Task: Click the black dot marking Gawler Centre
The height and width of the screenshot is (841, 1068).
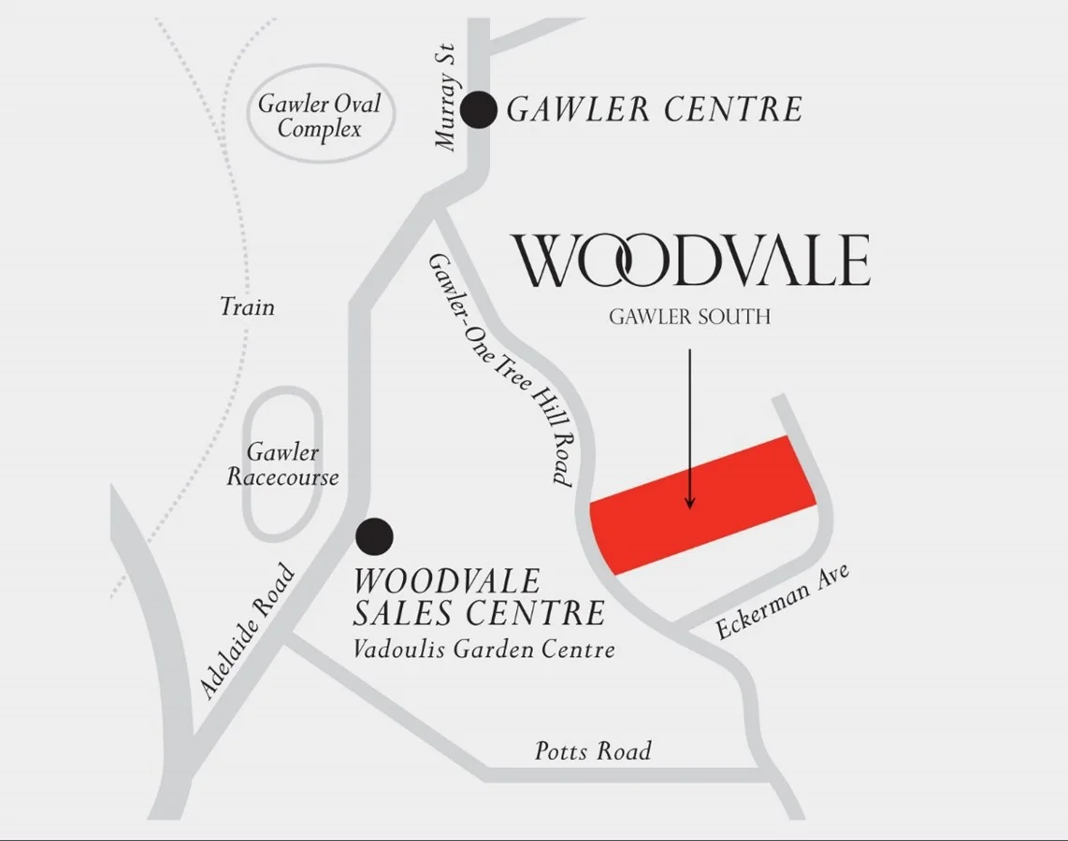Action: click(481, 110)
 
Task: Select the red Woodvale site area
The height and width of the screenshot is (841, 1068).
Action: click(701, 505)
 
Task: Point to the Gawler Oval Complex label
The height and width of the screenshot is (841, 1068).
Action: click(320, 116)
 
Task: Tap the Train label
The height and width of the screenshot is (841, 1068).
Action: click(248, 306)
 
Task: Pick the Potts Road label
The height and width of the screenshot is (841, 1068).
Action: click(593, 751)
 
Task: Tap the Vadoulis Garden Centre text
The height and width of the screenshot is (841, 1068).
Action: click(484, 649)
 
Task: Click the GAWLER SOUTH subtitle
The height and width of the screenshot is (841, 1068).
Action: click(689, 317)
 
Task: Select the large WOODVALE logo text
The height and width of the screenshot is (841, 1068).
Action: click(691, 262)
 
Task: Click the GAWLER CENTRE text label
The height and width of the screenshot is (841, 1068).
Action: click(655, 110)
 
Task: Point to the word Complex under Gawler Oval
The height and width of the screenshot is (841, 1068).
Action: click(320, 129)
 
